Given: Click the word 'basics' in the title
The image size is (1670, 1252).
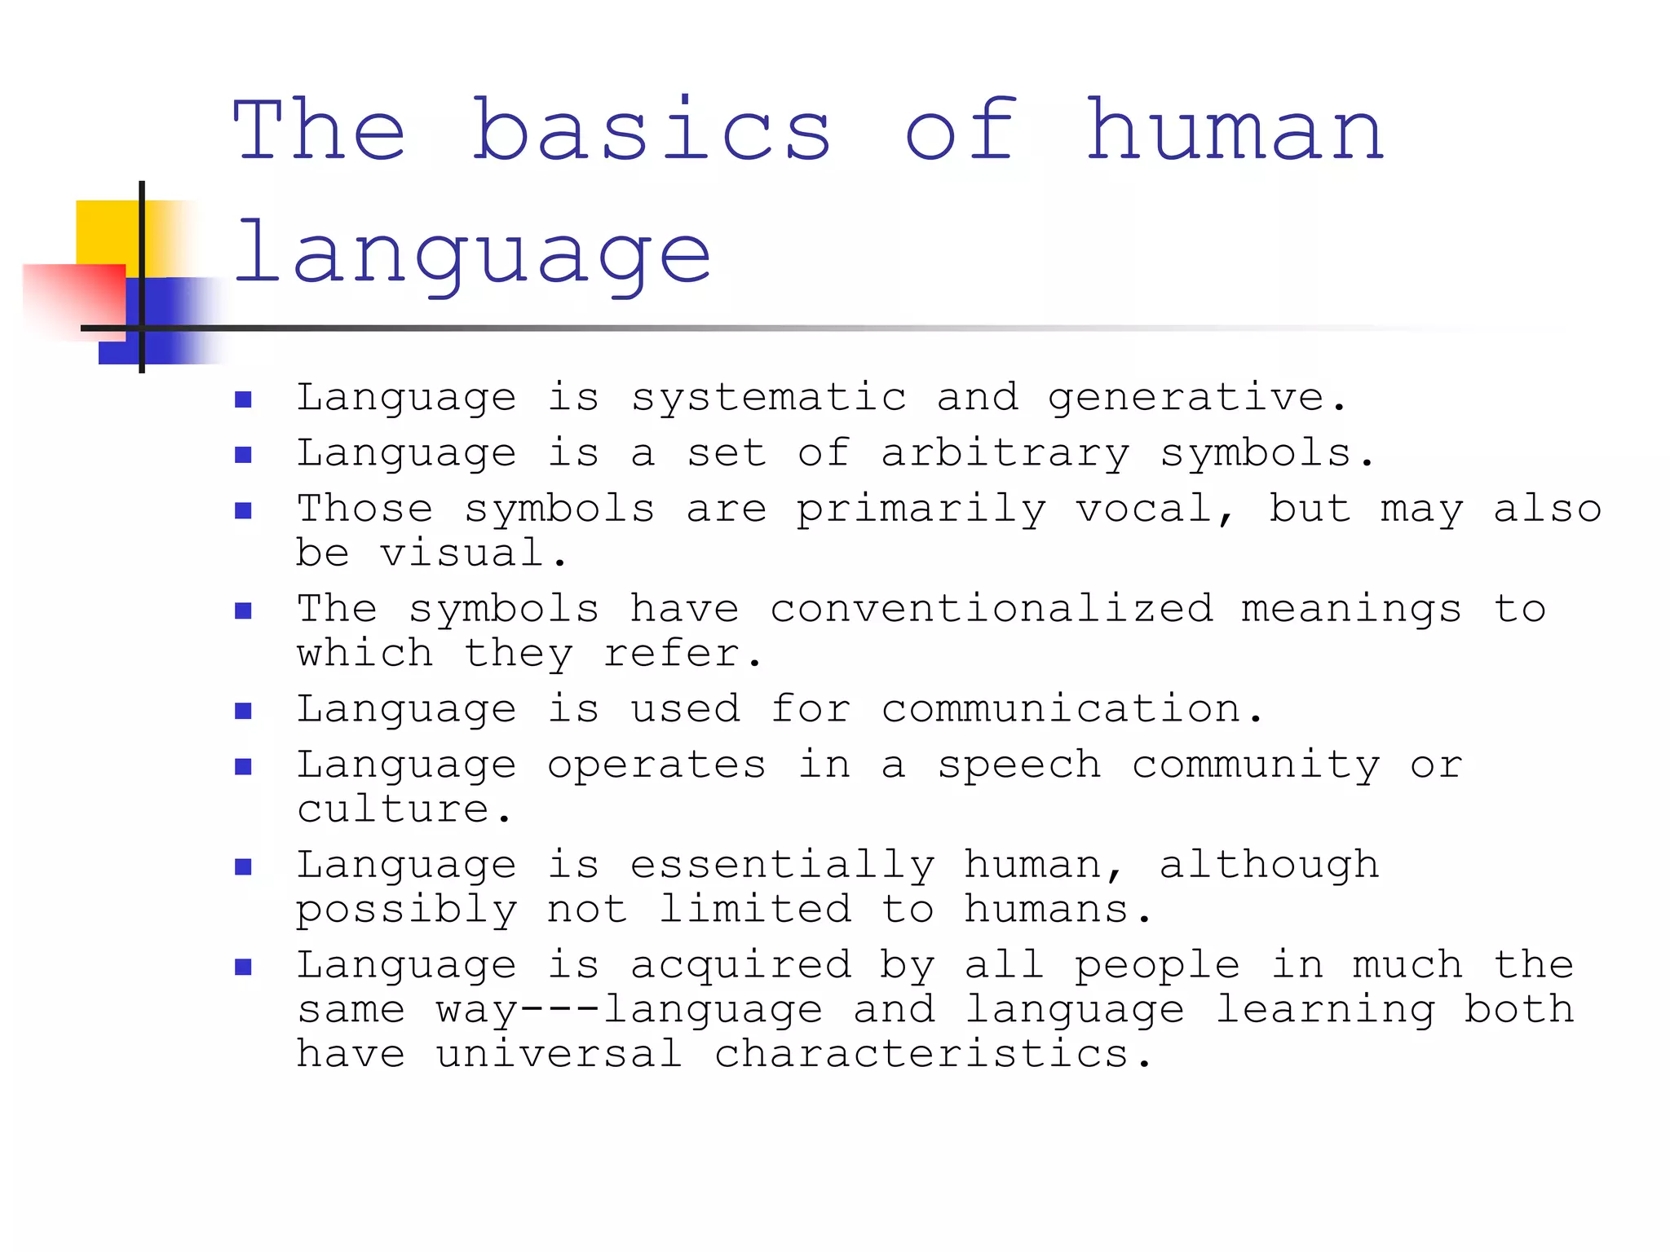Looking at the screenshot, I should (652, 130).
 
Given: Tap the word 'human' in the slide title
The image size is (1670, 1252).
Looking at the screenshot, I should (1235, 130).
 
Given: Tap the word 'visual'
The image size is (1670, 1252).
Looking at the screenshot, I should (462, 553).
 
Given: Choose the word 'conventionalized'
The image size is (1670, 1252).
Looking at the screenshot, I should (991, 610).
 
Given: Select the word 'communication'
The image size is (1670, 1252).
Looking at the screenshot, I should (1061, 709).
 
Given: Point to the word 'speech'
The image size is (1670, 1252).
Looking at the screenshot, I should (1019, 765).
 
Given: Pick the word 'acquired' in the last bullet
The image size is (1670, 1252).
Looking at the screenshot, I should (740, 966).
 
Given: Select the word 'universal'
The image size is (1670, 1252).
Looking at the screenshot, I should (559, 1054).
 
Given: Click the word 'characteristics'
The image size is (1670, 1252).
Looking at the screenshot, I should (921, 1054).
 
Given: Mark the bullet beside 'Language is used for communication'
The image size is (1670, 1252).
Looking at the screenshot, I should (243, 711).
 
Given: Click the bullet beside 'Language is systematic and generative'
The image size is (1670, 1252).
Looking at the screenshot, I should (243, 399).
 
